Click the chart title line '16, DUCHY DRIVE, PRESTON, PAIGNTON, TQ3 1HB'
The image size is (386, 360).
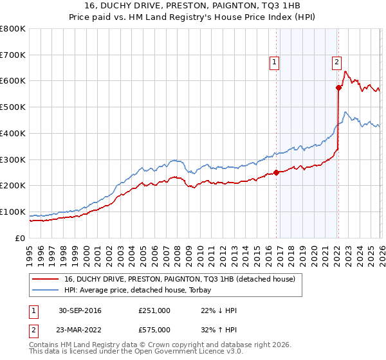pos(192,6)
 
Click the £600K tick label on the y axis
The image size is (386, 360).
pos(13,81)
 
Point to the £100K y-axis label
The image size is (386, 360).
pos(13,212)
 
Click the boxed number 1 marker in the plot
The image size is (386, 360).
pos(275,62)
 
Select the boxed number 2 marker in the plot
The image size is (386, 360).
pos(336,62)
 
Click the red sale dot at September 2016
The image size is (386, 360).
pos(277,172)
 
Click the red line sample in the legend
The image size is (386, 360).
pos(45,279)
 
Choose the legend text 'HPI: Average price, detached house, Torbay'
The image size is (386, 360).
pos(141,290)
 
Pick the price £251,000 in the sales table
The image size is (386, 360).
pos(154,310)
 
